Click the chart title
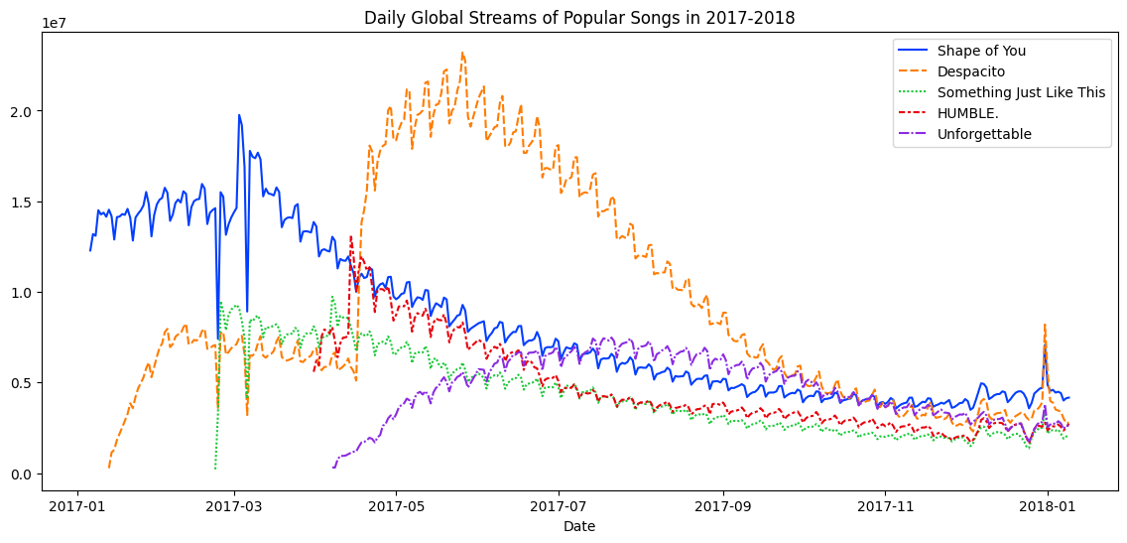point(579,17)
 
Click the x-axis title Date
point(579,526)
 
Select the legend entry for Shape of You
point(981,51)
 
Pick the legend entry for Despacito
point(971,71)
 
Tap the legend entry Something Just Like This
point(1021,92)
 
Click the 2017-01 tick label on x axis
point(77,506)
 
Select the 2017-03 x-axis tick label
point(234,506)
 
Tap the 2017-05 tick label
point(396,506)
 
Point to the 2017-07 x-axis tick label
point(559,506)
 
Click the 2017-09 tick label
point(722,506)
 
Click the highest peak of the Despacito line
point(462,53)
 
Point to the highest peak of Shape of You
point(238,115)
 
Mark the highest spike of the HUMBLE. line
point(350,236)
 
